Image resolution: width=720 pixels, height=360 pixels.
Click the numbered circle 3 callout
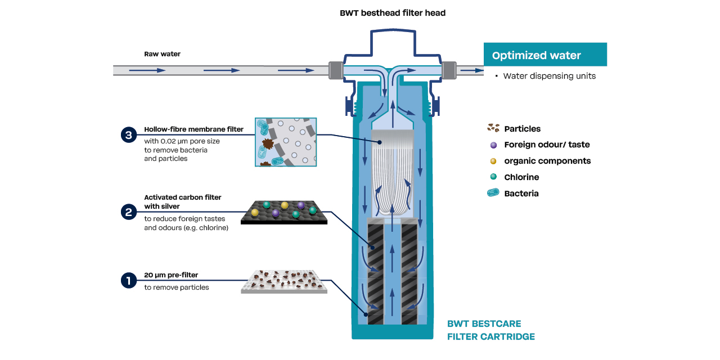coord(129,135)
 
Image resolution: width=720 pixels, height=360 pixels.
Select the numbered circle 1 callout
coord(129,280)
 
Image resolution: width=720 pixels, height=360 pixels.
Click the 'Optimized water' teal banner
coord(544,55)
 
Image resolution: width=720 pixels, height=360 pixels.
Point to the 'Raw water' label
coord(163,54)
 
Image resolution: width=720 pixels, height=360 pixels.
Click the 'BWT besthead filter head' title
coord(393,13)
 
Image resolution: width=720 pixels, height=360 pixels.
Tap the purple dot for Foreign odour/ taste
coord(493,145)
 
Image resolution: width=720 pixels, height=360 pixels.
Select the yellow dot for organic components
coord(493,161)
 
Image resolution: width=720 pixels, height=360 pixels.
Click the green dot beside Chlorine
coord(493,177)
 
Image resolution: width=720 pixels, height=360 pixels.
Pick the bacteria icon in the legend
coord(493,193)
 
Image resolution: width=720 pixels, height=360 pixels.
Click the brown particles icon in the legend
coord(493,128)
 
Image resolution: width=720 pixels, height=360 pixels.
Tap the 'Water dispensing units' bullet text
coord(548,76)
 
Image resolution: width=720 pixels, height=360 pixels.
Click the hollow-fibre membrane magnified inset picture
coord(286,142)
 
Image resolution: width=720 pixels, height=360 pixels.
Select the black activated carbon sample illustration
coord(284,212)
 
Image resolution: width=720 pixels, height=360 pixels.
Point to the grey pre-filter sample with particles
coord(284,281)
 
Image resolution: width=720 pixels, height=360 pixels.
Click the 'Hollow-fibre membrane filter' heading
coord(193,129)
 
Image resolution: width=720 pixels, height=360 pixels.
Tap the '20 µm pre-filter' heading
coord(171,275)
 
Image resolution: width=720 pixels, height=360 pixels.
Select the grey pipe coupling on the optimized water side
coord(448,70)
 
